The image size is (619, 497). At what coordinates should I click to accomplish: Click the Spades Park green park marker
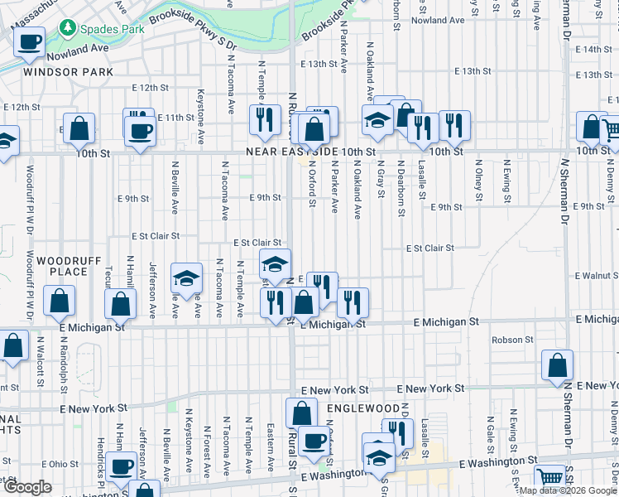coord(66,29)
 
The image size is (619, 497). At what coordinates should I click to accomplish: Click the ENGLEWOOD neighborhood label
coord(363,408)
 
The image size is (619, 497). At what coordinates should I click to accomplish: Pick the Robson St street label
coord(511,340)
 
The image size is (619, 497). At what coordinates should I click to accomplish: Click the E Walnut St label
coord(597,275)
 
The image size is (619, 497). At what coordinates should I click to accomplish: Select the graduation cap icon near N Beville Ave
coord(187,278)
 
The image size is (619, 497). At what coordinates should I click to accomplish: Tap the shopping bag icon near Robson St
coord(559,365)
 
